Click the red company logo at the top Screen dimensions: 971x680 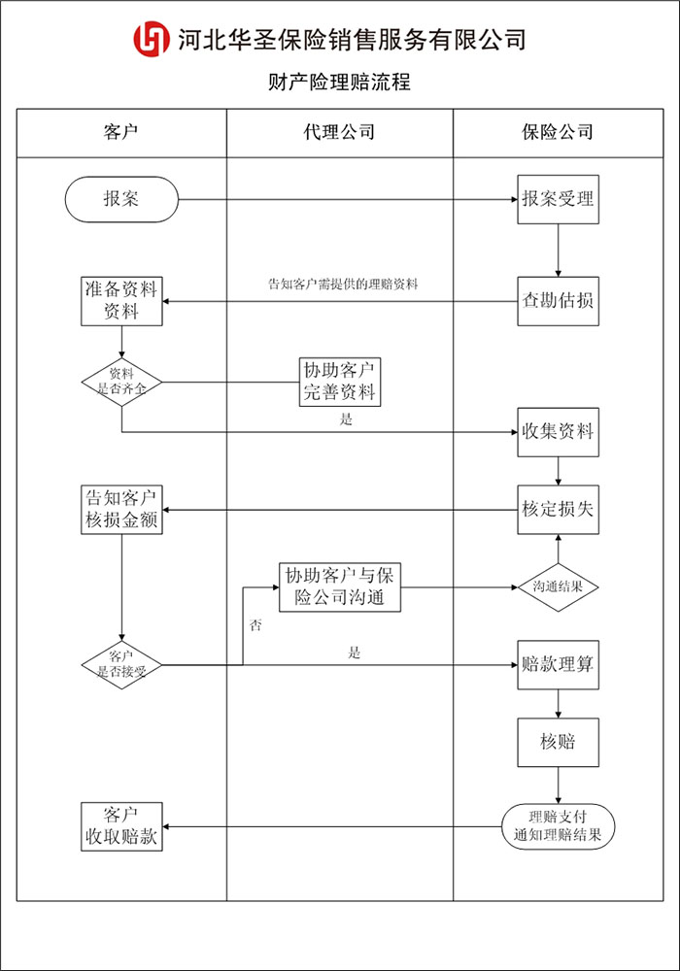tap(152, 39)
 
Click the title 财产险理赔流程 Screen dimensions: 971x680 tap(339, 83)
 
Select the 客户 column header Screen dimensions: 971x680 tap(121, 133)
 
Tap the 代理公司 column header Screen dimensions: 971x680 tap(339, 133)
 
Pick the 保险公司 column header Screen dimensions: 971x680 tap(558, 133)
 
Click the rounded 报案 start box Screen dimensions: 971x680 tap(121, 200)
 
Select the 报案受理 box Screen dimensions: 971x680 tap(558, 200)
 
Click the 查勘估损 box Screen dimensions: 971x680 tap(558, 300)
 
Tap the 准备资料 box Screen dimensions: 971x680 tap(121, 300)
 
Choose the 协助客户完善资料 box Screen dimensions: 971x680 tap(339, 381)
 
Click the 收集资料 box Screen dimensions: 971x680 tap(558, 431)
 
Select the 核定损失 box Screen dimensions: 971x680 tap(558, 509)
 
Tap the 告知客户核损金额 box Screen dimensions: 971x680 tap(121, 509)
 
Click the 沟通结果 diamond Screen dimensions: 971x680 tap(558, 586)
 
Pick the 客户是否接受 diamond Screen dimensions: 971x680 tap(121, 664)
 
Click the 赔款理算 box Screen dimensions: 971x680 tap(558, 664)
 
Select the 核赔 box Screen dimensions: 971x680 tap(558, 742)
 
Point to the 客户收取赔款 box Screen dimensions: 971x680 tap(121, 826)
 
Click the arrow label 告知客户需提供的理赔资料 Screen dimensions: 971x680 tap(342, 285)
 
